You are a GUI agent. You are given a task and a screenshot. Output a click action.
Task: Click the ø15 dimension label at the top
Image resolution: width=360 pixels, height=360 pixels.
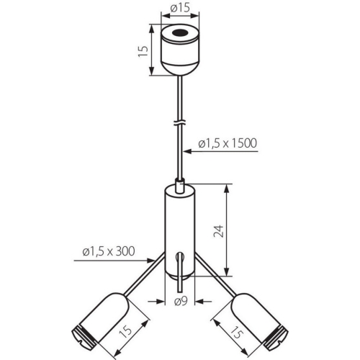[180, 8]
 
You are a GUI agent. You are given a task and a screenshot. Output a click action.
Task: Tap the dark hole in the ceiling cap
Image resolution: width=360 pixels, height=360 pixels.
[180, 32]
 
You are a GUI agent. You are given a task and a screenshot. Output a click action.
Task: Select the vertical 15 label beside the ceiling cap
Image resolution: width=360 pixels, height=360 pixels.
[143, 51]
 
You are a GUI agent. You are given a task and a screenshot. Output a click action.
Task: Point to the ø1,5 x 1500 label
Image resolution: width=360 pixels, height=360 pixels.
[228, 143]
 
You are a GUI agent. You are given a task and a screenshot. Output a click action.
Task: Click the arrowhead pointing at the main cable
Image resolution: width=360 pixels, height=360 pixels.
[187, 151]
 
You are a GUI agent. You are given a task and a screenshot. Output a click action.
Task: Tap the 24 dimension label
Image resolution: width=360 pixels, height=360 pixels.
[219, 231]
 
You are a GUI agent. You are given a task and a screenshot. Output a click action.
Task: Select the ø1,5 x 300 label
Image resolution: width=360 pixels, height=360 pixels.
[109, 251]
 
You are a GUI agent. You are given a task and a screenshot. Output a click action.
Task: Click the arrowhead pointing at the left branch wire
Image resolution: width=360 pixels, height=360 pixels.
[150, 261]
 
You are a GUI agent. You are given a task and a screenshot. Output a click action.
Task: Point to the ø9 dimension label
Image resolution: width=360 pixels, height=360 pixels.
[181, 301]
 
